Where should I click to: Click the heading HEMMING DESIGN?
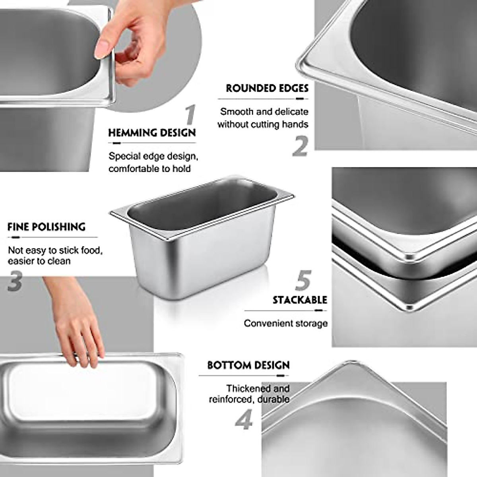point(152,133)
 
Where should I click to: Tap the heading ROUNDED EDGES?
point(267,88)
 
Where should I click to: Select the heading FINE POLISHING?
point(47,227)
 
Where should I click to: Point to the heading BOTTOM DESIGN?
point(248,365)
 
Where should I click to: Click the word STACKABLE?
point(300,300)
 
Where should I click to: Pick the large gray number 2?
point(301,146)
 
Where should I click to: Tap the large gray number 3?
point(15,281)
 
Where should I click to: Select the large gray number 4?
point(243,420)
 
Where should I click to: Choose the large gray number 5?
point(303,280)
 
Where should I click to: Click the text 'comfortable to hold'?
point(149,169)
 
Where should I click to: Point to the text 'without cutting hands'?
point(263,124)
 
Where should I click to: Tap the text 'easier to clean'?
point(39,261)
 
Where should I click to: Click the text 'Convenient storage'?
point(286,323)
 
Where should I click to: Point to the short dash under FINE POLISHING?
point(16,237)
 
